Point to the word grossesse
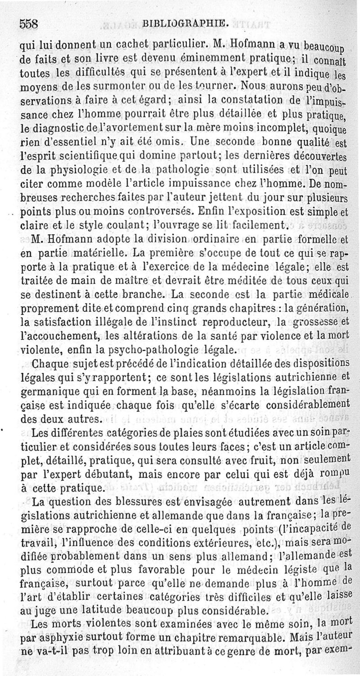coord(312,322)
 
